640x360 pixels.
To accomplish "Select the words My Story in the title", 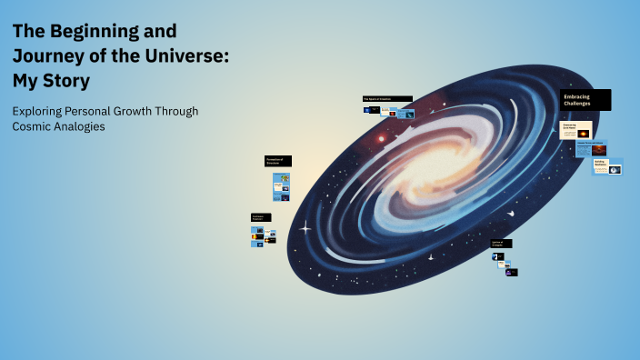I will (x=51, y=81).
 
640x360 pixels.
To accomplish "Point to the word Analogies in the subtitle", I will (x=77, y=127).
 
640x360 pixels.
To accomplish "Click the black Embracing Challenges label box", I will (x=585, y=100).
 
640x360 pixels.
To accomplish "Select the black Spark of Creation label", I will (x=387, y=98).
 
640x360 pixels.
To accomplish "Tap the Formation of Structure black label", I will (x=278, y=161).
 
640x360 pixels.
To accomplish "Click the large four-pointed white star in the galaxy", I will (x=305, y=226).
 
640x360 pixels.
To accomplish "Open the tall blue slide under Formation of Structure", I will (x=280, y=186).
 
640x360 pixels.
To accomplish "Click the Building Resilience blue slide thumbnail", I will (x=607, y=166).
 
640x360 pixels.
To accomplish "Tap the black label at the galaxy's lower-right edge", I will (x=501, y=244).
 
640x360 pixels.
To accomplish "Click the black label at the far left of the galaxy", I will (x=261, y=217).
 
